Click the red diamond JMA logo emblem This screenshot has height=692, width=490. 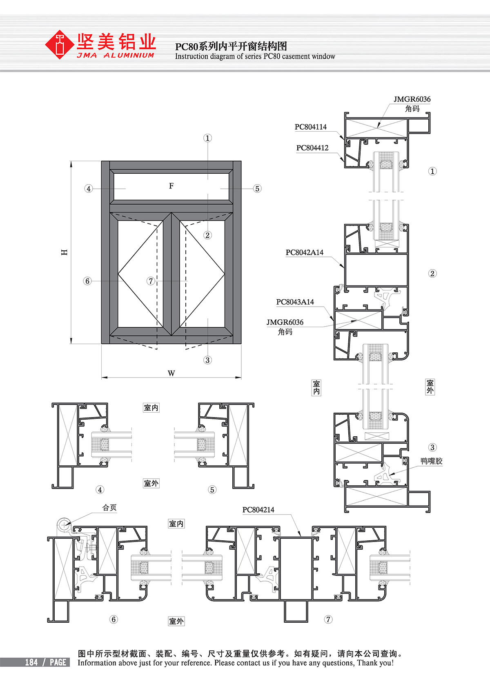59,44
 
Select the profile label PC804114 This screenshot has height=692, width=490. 311,127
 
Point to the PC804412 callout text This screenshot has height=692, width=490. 312,148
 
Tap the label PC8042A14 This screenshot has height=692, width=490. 304,252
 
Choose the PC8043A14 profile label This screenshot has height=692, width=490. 295,302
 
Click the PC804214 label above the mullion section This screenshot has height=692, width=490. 258,510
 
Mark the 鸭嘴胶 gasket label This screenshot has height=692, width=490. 431,461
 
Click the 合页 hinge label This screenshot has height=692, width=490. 109,508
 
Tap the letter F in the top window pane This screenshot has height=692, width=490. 171,186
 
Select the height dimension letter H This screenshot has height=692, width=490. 65,252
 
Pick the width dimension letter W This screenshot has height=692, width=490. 171,373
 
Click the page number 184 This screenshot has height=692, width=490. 31,662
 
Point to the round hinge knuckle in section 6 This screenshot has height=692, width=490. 63,524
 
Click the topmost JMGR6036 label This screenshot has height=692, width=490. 412,99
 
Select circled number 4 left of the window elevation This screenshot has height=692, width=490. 89,188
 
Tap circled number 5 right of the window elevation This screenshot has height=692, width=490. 257,188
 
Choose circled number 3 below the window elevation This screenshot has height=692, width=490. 207,360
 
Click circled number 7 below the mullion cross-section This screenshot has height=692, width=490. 328,619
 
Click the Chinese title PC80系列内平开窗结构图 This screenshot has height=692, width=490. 231,46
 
